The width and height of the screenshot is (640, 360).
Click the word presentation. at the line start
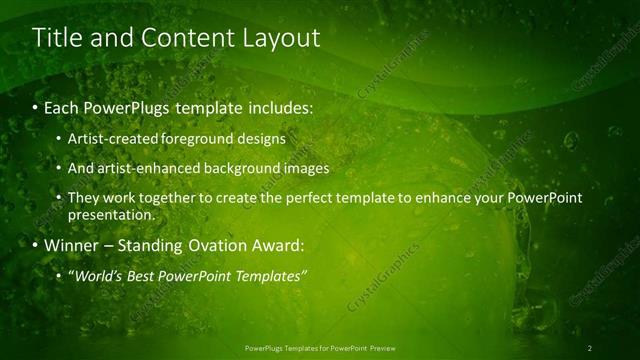pyautogui.click(x=111, y=214)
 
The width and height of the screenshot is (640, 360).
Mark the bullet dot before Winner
pyautogui.click(x=36, y=245)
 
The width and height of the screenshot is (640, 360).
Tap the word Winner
pyautogui.click(x=70, y=245)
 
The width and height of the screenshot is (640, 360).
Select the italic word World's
pyautogui.click(x=98, y=275)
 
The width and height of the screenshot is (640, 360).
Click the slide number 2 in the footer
pyautogui.click(x=590, y=347)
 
